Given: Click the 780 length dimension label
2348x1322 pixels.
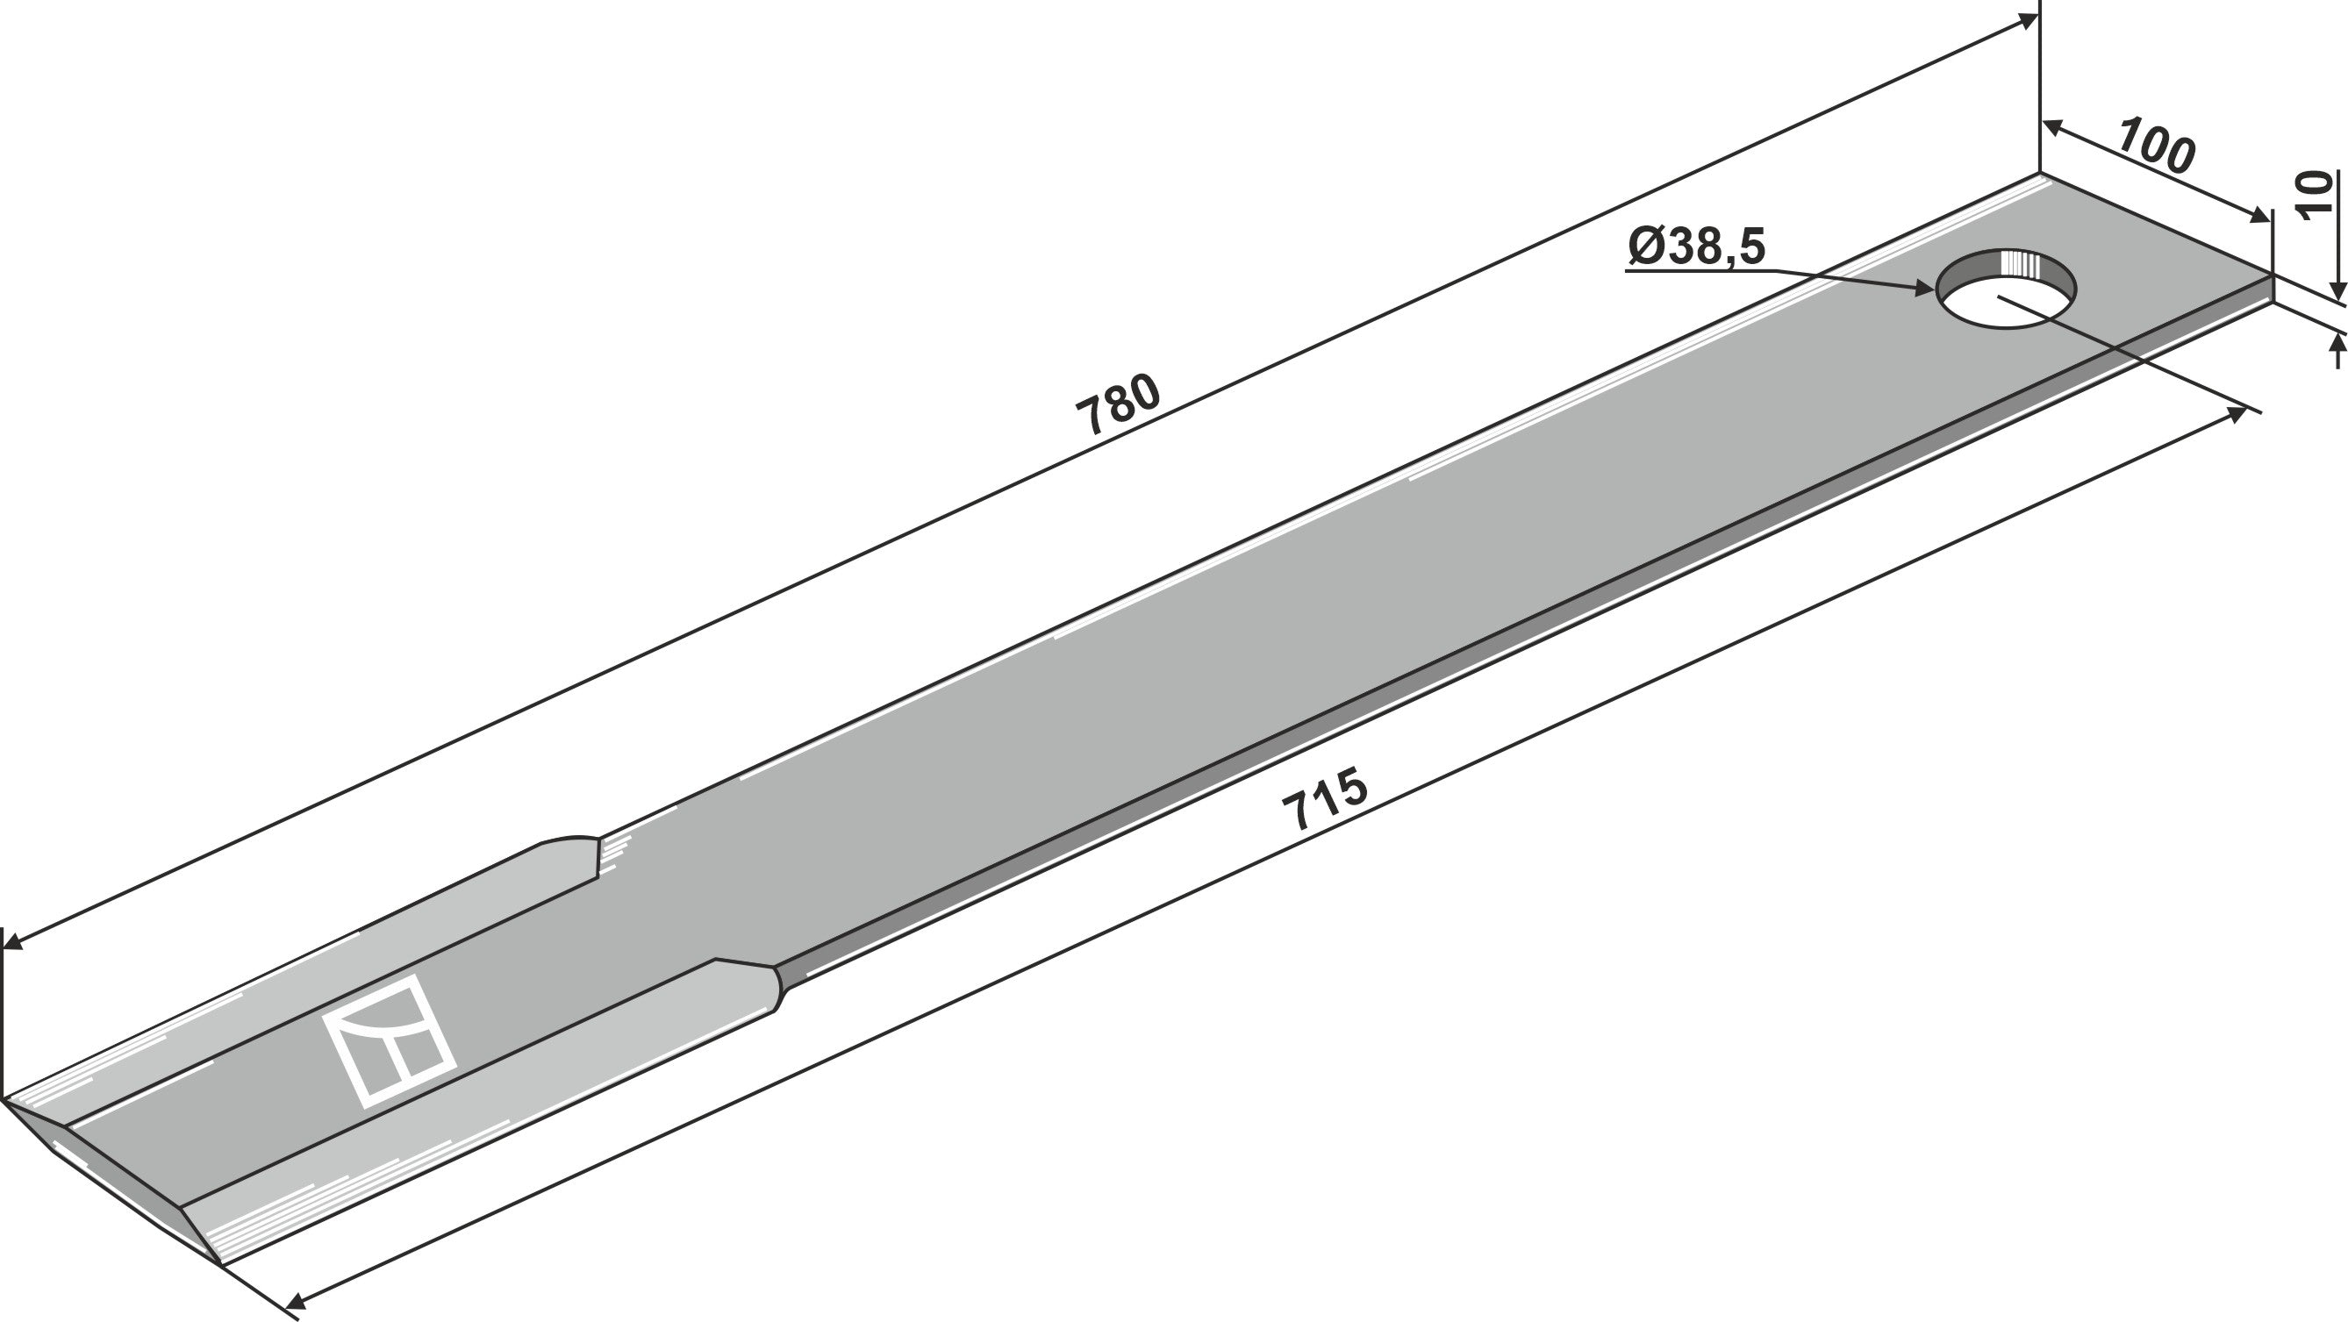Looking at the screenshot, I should click(1119, 404).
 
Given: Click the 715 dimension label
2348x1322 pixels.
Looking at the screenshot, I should click(1325, 799).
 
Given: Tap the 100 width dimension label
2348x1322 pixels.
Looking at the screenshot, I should click(2156, 145).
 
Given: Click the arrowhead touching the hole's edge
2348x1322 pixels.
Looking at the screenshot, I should click(1926, 289).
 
